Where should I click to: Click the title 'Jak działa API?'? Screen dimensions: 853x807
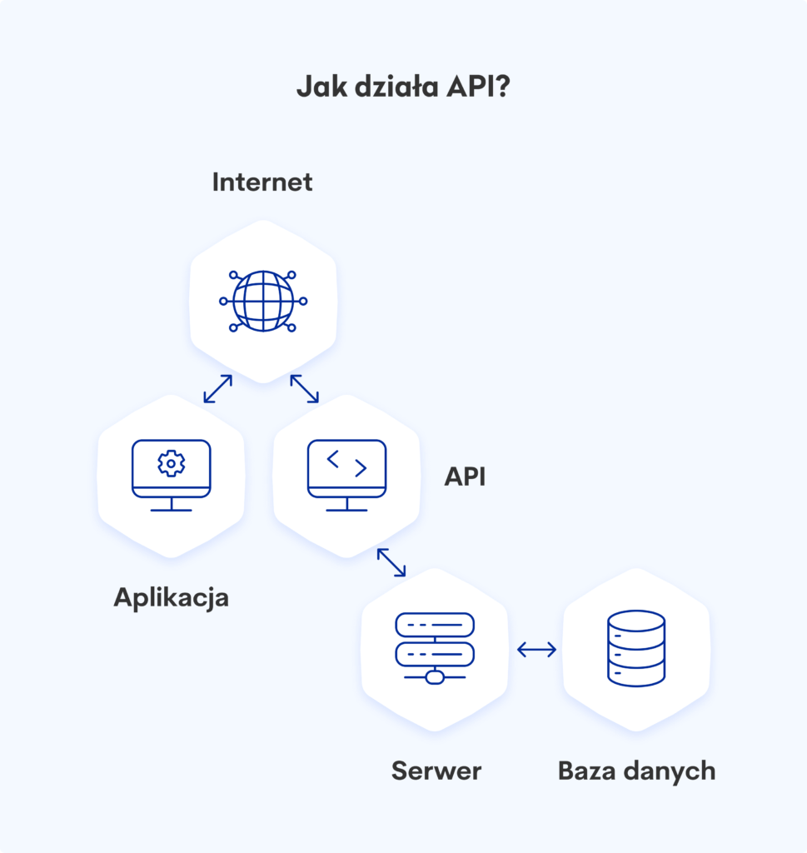pos(403,87)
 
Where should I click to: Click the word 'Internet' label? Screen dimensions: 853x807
pos(262,182)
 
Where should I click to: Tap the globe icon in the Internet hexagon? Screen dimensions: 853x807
pos(263,300)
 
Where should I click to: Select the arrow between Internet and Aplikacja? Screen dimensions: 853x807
pos(217,389)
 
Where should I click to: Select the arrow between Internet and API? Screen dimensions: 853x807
pos(305,389)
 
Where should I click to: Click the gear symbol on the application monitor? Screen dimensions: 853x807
pos(172,463)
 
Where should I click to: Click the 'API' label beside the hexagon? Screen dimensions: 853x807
pos(465,476)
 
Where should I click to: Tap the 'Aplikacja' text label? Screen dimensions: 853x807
pos(171,597)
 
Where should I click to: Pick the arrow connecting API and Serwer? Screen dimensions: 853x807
pos(391,562)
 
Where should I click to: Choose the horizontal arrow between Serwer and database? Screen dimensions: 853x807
pos(536,650)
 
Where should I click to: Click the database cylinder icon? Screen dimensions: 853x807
pos(636,648)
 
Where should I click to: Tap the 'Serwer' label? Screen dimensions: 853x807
pos(436,771)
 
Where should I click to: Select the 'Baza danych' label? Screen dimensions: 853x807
pos(636,771)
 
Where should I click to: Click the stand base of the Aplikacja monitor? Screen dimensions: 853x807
pos(172,510)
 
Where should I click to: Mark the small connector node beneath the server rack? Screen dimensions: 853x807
pos(434,677)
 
